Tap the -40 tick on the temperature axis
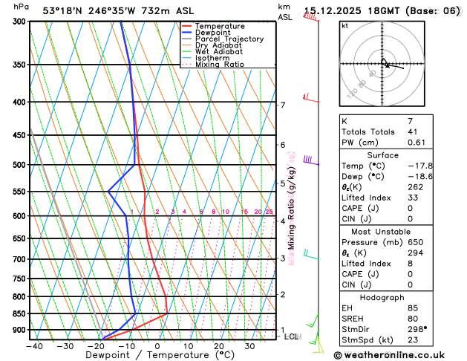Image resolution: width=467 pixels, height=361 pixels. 34,345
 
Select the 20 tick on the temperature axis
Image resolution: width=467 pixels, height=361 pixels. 219,345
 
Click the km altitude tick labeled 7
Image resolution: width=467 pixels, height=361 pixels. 282,105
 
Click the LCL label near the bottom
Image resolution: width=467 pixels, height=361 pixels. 293,336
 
